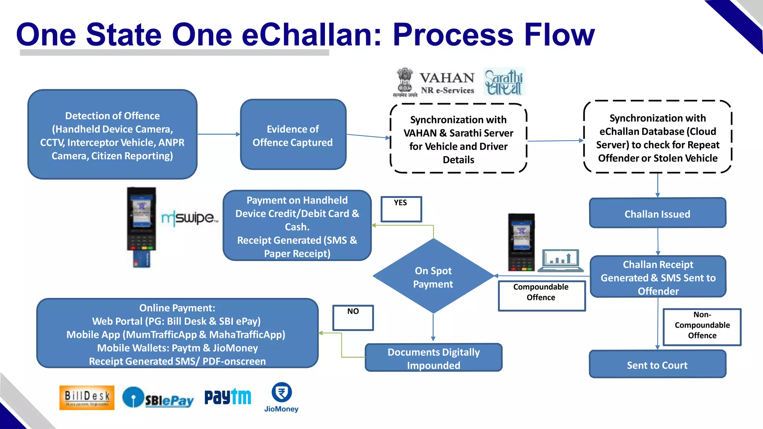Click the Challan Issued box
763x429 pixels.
[x=658, y=213]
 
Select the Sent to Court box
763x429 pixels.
[x=658, y=364]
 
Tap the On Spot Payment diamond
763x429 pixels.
[x=433, y=276]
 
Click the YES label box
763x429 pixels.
[x=401, y=209]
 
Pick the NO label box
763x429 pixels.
[x=353, y=317]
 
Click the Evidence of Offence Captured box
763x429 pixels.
[x=293, y=135]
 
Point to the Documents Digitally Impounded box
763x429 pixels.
[x=433, y=358]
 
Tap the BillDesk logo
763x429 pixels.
[x=87, y=397]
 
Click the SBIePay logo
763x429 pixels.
[x=158, y=398]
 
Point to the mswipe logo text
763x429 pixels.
[x=189, y=218]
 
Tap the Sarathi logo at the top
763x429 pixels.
[x=504, y=82]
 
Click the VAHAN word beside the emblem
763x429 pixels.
[x=447, y=78]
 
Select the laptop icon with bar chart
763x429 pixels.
[x=560, y=260]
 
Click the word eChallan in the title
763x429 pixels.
[x=311, y=35]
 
